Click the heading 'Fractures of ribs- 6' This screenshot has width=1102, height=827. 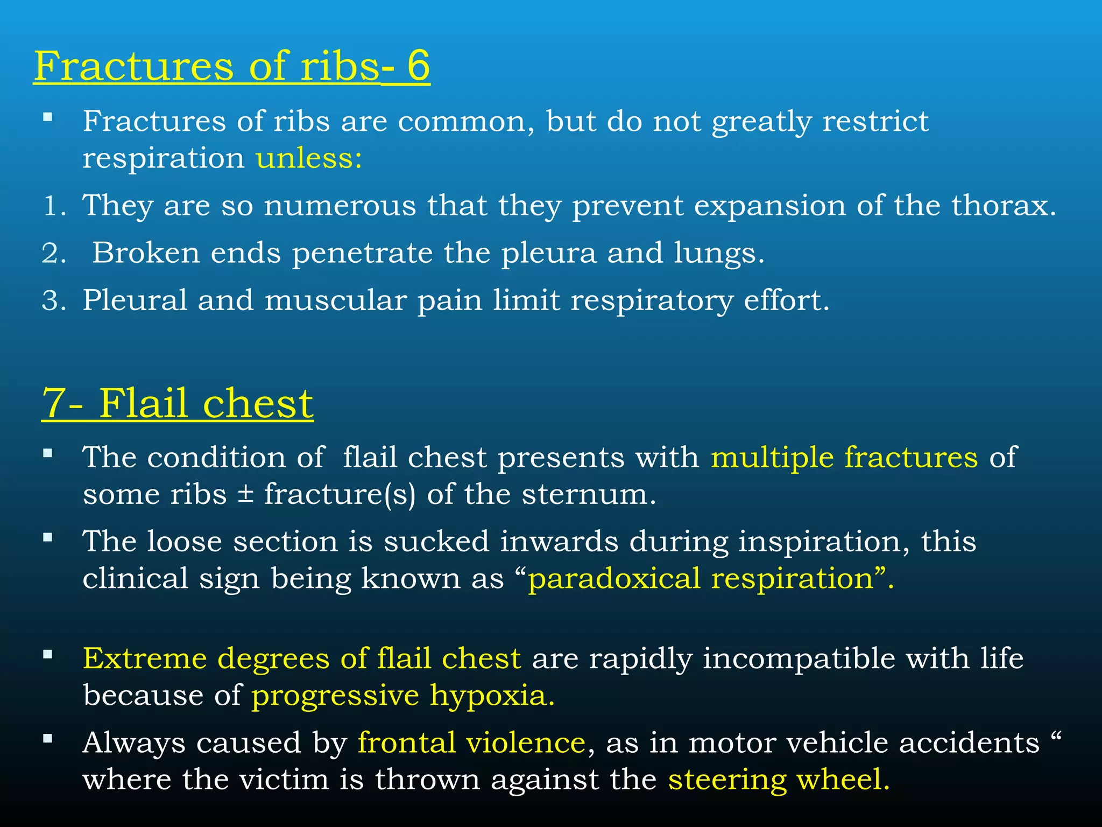tap(231, 66)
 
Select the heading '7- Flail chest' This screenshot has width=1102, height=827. tap(178, 403)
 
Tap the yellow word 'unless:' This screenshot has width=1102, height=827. tap(309, 159)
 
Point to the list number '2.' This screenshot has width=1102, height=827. tap(54, 254)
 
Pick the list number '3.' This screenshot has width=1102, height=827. tap(54, 301)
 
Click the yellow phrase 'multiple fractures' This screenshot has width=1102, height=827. tap(844, 458)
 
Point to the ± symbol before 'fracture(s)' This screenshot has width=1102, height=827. tap(245, 494)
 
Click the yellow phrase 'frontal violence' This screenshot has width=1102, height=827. tap(471, 743)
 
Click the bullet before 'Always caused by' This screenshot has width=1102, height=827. tap(48, 739)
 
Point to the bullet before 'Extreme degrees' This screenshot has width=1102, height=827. tap(48, 655)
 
